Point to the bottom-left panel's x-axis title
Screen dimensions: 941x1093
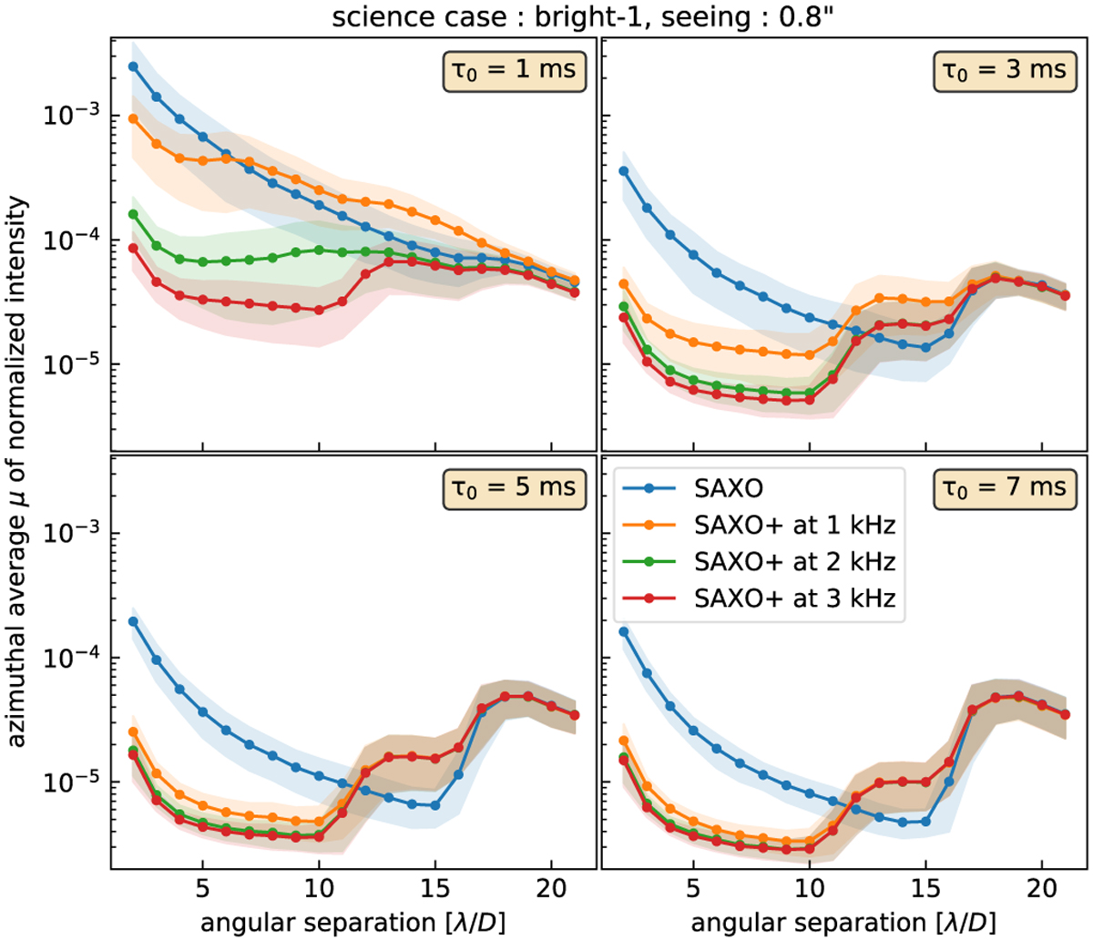[352, 918]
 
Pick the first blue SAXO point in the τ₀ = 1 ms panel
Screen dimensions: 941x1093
[133, 66]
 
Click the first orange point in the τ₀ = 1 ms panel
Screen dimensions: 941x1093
[133, 118]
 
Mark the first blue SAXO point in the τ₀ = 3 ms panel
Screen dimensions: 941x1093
[623, 171]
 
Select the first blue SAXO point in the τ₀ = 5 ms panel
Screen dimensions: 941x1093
[133, 621]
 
